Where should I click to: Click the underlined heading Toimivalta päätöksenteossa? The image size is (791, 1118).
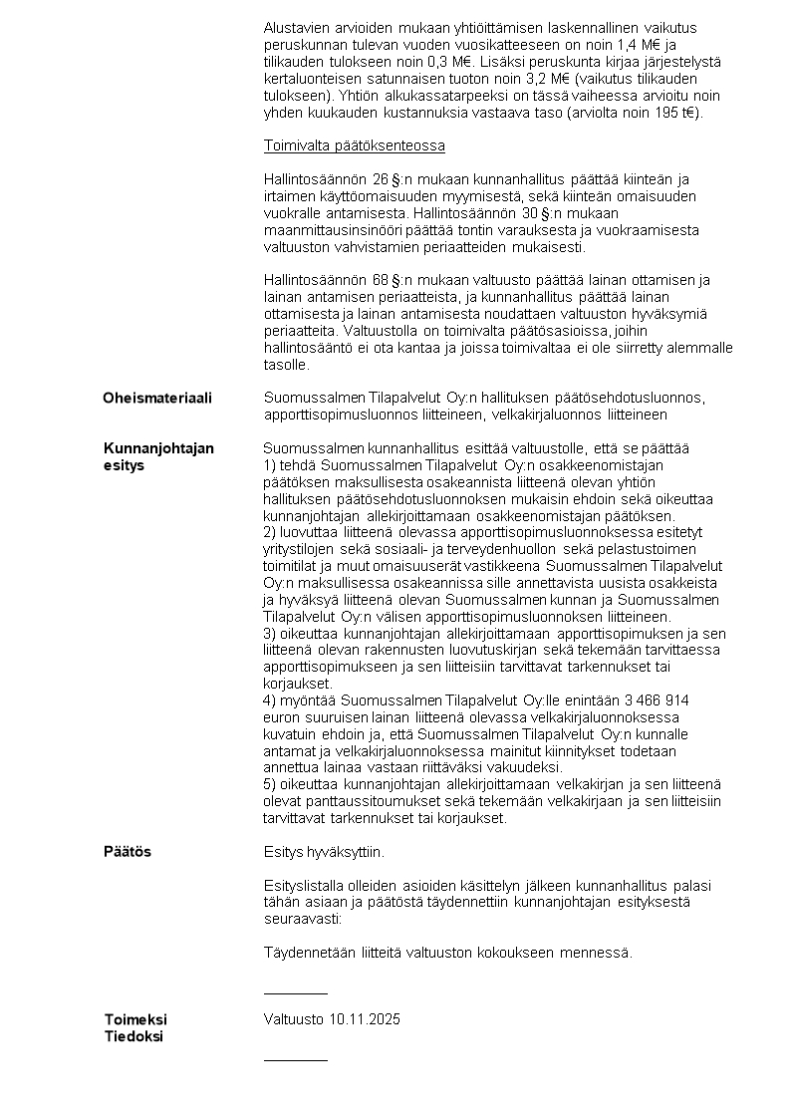[354, 145]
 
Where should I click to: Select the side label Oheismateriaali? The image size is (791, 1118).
[157, 398]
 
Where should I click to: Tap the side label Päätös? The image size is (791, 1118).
[128, 852]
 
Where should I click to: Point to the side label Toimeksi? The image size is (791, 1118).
[135, 1019]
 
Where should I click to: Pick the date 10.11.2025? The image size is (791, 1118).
[362, 1019]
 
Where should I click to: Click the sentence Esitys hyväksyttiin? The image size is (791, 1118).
[324, 852]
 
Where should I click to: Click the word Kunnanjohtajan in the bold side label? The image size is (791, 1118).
[158, 448]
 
